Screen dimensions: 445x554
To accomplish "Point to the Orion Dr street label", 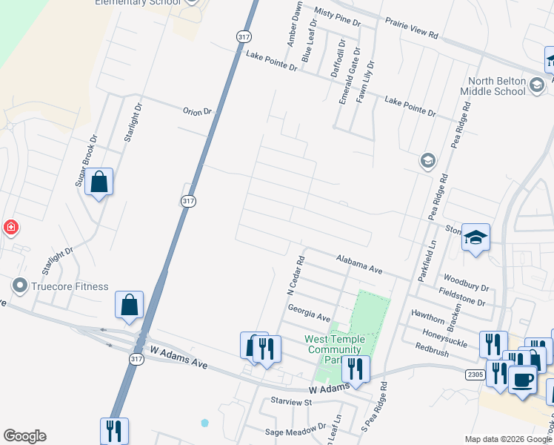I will pyautogui.click(x=197, y=111).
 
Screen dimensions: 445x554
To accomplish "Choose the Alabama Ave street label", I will pyautogui.click(x=359, y=265).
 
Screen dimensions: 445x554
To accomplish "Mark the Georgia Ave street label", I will pyautogui.click(x=309, y=313).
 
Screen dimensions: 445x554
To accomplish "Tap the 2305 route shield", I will pyautogui.click(x=475, y=375).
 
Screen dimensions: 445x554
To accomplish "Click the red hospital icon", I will pyautogui.click(x=11, y=227).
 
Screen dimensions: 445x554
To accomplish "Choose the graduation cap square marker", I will pyautogui.click(x=476, y=238).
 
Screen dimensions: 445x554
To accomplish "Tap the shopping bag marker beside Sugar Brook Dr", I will pyautogui.click(x=99, y=182).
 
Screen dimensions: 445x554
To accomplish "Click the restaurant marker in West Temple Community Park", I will pyautogui.click(x=356, y=369).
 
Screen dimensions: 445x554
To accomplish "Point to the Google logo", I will pyautogui.click(x=24, y=436).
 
